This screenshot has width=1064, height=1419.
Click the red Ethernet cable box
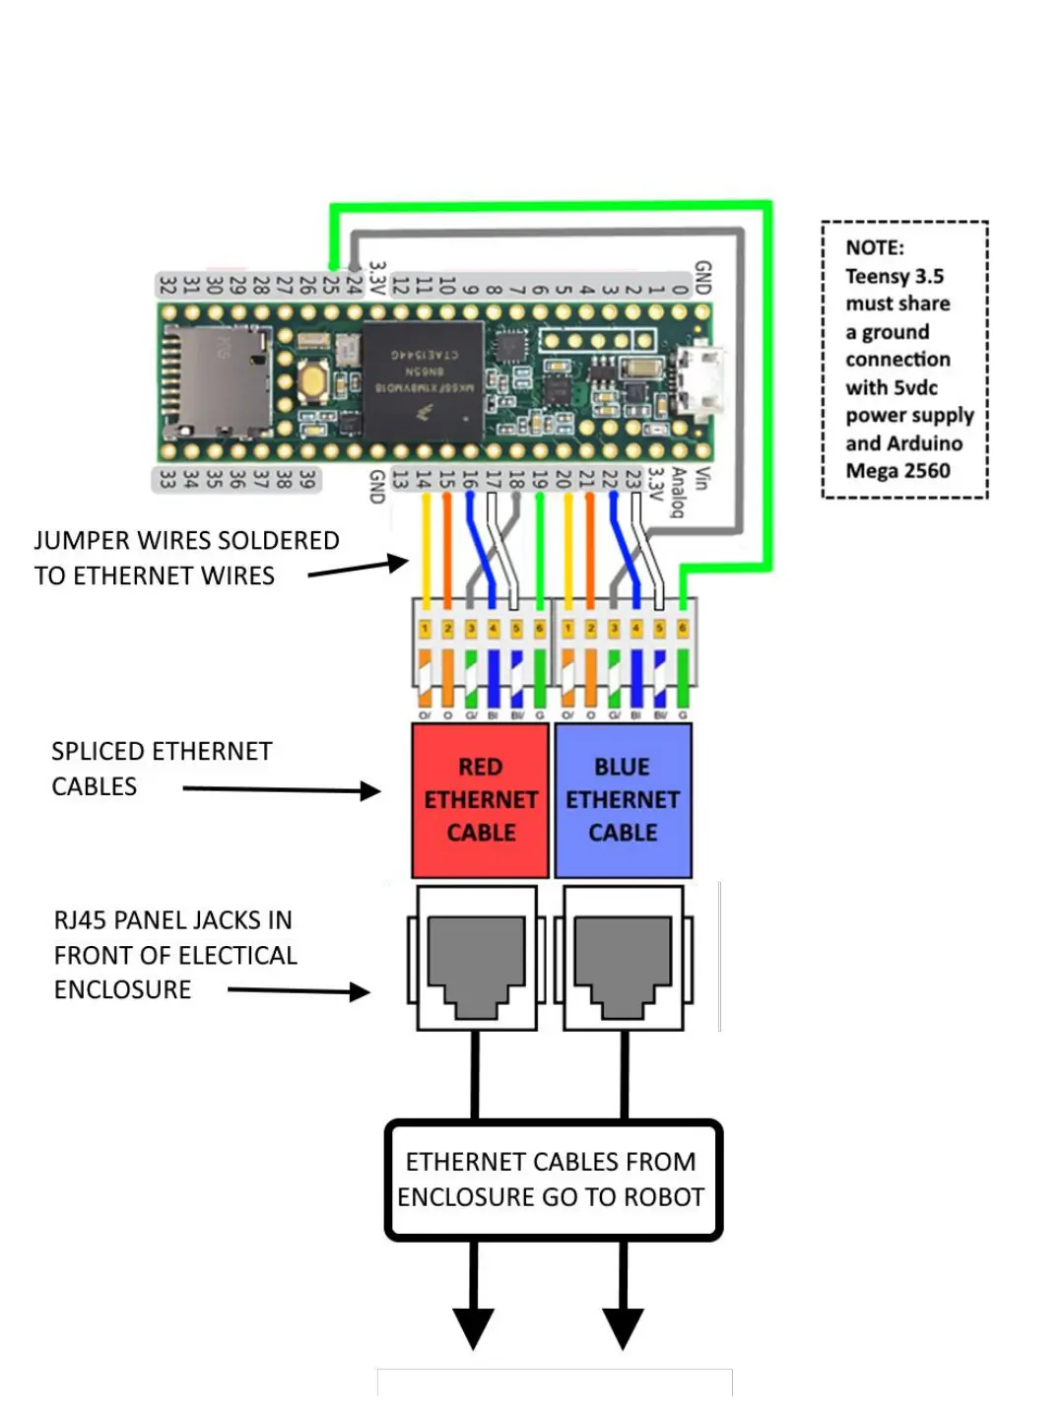pos(480,800)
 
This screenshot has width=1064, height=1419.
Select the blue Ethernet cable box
pos(623,800)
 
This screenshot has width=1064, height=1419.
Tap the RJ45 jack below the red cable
pos(477,957)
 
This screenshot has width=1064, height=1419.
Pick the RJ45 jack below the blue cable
pos(623,957)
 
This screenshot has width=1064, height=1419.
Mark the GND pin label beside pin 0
pos(702,278)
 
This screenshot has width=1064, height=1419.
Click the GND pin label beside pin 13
pos(376,487)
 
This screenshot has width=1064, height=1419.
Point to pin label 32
pos(167,285)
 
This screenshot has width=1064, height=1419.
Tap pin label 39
pos(307,480)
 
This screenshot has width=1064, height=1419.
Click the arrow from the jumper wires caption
pos(360,568)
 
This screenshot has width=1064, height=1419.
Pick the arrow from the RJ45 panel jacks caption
pos(299,991)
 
